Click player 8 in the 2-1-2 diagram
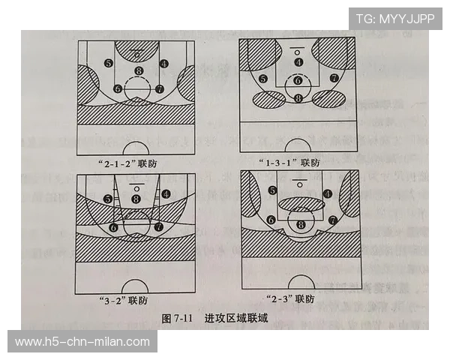click(138, 71)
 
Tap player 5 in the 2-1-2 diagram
click(109, 63)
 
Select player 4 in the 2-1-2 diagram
click(164, 63)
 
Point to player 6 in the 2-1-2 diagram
click(118, 88)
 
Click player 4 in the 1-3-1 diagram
click(298, 62)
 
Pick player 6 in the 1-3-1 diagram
click(298, 81)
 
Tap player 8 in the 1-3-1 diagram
click(298, 98)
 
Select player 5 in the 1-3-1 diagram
click(262, 78)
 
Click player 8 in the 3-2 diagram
click(136, 198)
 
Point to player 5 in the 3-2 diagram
click(109, 198)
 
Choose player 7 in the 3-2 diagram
click(159, 226)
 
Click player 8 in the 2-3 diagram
click(301, 224)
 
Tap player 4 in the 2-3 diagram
click(328, 193)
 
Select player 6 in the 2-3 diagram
click(270, 220)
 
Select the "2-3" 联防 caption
click(289, 300)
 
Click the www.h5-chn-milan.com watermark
click(82, 342)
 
